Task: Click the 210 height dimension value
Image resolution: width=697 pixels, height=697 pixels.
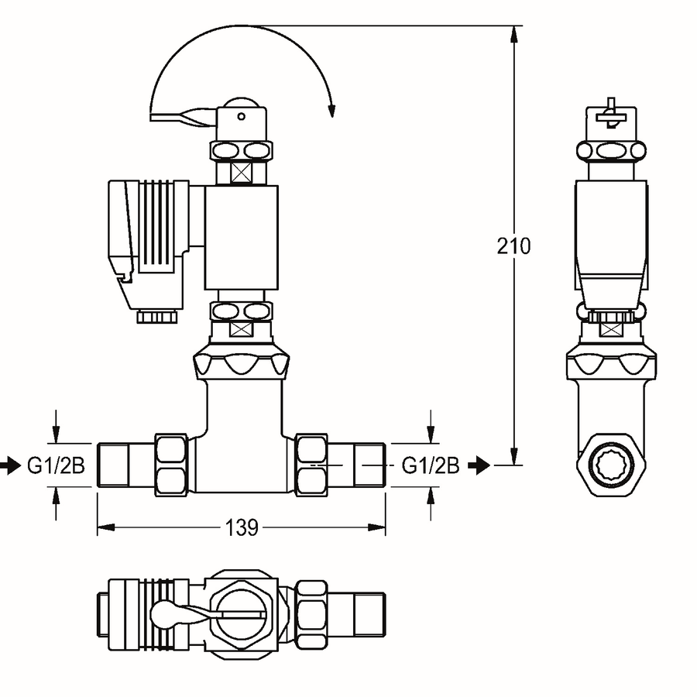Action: [513, 245]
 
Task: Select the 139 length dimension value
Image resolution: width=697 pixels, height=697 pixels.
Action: [242, 527]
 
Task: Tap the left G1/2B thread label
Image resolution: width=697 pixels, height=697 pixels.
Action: [56, 465]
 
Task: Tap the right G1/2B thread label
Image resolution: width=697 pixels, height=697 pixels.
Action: [431, 465]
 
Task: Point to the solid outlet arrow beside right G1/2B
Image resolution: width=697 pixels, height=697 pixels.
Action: [479, 465]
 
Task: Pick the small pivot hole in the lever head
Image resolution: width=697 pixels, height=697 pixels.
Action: [242, 116]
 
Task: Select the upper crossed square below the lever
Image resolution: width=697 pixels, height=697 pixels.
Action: [241, 173]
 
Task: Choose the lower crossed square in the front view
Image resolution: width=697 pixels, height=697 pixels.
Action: [241, 329]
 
